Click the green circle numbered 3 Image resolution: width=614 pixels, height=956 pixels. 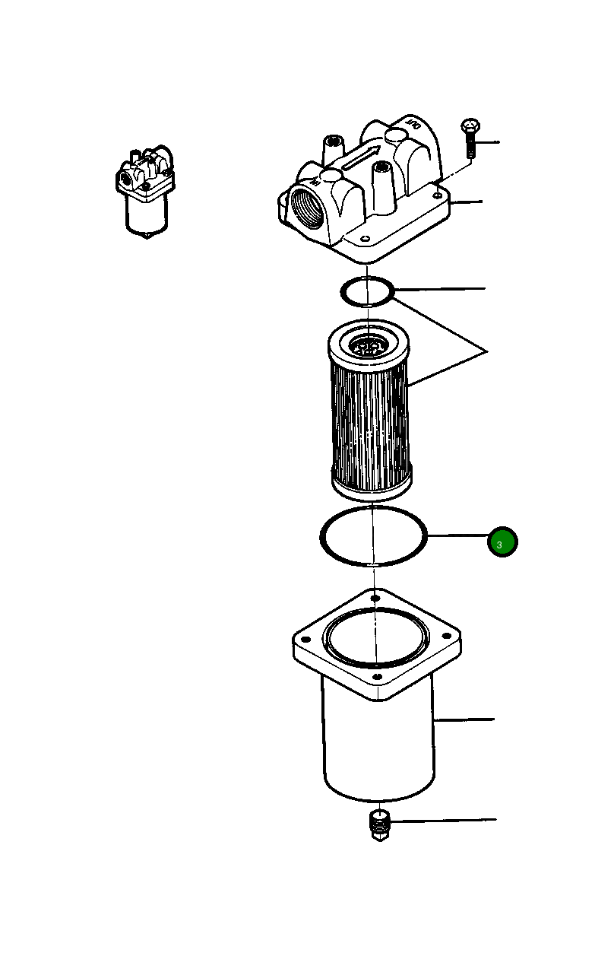pyautogui.click(x=502, y=542)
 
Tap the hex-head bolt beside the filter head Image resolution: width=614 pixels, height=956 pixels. pyautogui.click(x=470, y=137)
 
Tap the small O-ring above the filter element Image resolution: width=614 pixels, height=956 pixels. pyautogui.click(x=366, y=291)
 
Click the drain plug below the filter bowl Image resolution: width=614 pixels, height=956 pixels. pyautogui.click(x=378, y=824)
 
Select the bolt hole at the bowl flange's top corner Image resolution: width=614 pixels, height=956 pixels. pyautogui.click(x=375, y=599)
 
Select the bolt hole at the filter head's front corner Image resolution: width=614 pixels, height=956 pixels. pyautogui.click(x=366, y=239)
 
